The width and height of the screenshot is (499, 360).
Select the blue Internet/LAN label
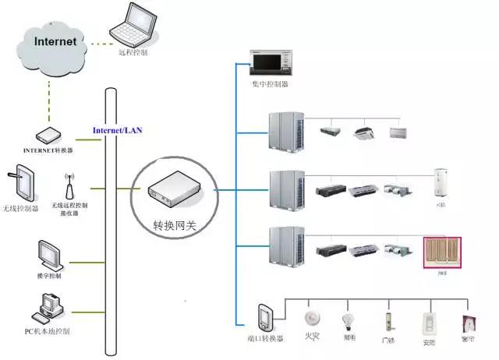[118, 129]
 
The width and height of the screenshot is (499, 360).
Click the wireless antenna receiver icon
[69, 187]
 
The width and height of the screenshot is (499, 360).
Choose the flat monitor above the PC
[50, 255]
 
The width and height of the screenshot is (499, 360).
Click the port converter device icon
[264, 317]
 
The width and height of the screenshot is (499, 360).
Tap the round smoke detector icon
[313, 319]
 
